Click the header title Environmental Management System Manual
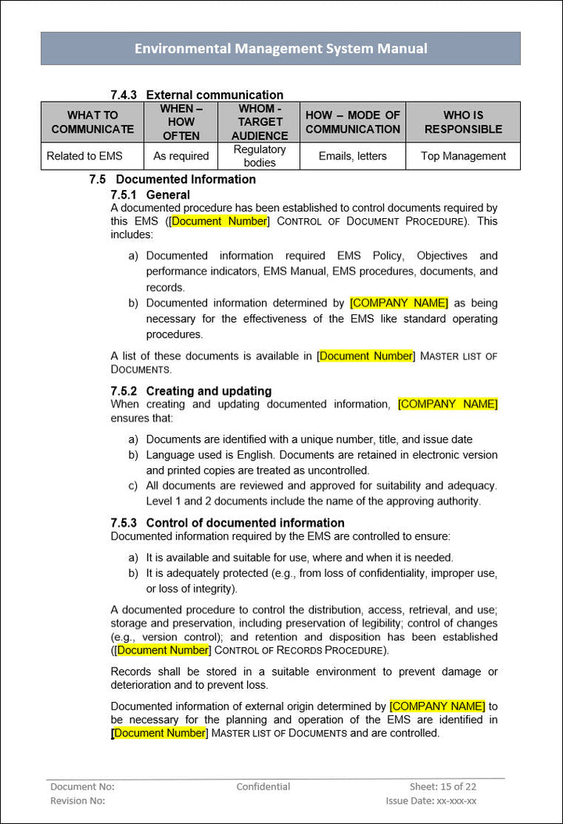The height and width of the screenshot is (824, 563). coord(281,48)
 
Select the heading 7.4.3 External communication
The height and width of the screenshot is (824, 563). coord(197,95)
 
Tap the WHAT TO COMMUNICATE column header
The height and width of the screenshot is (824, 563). coord(92,122)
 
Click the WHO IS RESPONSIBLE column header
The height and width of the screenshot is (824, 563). coord(463,122)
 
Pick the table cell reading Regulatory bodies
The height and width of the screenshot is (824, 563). coord(260,156)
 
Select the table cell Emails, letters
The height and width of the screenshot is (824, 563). coord(353,156)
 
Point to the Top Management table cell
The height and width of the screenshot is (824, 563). coord(463,156)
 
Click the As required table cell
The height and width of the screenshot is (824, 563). coord(181,156)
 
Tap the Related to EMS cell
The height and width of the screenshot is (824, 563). coord(84,156)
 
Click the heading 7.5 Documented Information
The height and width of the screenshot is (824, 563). coord(173,179)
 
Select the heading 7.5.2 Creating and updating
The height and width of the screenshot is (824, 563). coord(191,391)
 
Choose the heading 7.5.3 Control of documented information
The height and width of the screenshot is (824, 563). coord(228,522)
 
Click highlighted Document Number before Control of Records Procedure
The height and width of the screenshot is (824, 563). coord(163,650)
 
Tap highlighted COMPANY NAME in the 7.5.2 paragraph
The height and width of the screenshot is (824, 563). coord(447,404)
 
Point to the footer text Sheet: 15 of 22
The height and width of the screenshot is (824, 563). coord(443,786)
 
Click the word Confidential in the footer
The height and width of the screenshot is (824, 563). coord(264,786)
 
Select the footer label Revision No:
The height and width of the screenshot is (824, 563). coord(77,801)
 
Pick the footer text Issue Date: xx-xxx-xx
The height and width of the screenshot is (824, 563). coord(431,801)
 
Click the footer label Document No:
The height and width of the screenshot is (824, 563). coord(82,786)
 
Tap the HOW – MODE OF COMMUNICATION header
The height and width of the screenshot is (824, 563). coord(353,122)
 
